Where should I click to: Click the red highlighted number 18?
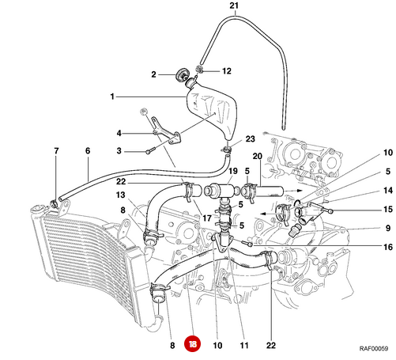[194, 344]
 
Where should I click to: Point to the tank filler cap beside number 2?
[186, 76]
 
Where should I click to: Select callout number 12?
[226, 70]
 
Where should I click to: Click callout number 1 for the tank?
[113, 97]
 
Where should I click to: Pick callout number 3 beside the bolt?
[119, 150]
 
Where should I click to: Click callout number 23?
[251, 138]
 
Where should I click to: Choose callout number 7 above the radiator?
[56, 150]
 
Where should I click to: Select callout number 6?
[88, 150]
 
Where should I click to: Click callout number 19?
[233, 171]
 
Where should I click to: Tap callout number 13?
[121, 195]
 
